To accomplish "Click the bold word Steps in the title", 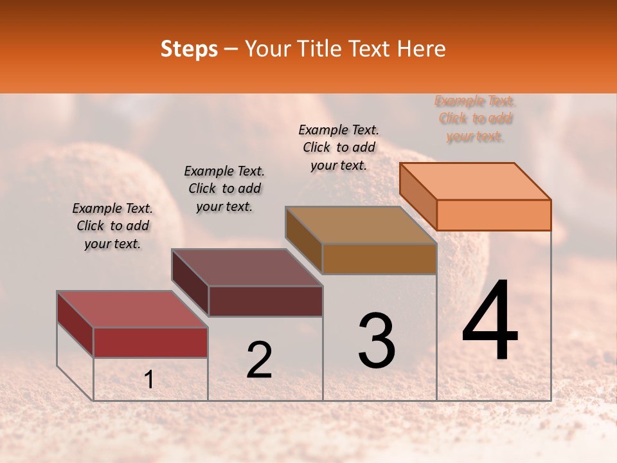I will tap(189, 49).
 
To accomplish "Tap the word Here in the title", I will tap(422, 49).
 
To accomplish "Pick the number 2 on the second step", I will tap(259, 360).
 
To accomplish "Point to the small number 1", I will tap(148, 380).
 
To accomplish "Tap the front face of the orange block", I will tap(494, 215).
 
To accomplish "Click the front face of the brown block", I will tap(379, 259).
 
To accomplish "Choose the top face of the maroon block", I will tap(247, 268).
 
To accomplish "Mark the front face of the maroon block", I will tap(265, 301).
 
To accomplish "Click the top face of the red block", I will tap(132, 309).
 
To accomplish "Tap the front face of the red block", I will tap(150, 342).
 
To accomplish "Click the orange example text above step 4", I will tap(475, 119).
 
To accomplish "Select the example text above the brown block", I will tap(339, 147).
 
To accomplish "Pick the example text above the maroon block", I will tap(224, 188).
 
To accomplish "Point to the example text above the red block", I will tap(112, 226).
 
